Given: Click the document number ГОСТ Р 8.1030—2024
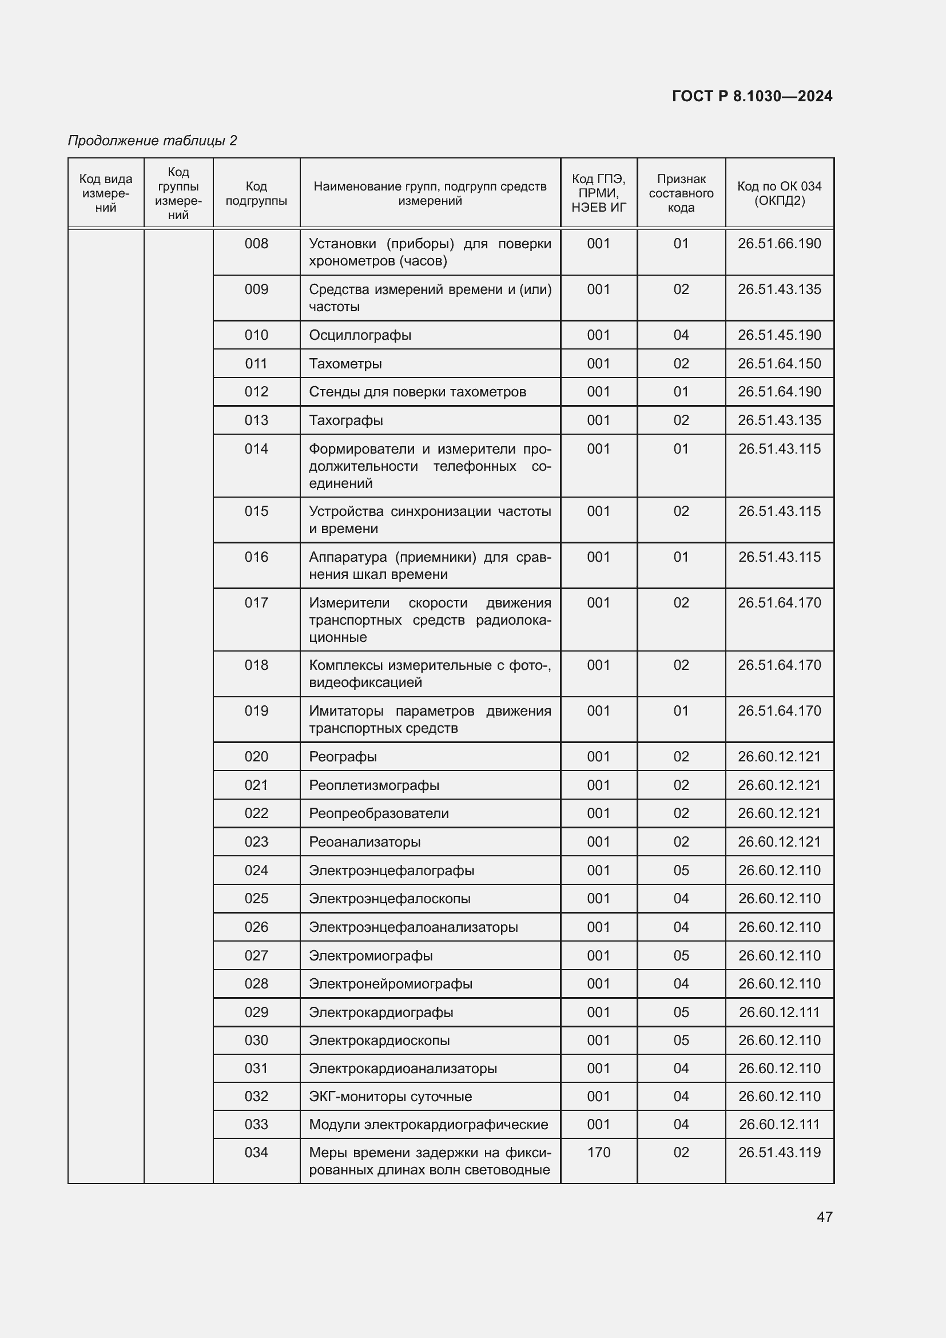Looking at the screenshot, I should pyautogui.click(x=752, y=96).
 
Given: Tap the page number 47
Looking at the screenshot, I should pyautogui.click(x=824, y=1216).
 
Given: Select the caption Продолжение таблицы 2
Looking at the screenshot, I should pyautogui.click(x=153, y=141).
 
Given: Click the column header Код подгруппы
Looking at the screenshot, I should pyautogui.click(x=256, y=193).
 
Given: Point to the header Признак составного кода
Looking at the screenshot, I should pyautogui.click(x=681, y=193).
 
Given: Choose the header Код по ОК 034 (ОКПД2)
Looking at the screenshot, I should pyautogui.click(x=779, y=193).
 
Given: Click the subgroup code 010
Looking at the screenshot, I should pyautogui.click(x=256, y=335).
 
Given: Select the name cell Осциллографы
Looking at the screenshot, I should pyautogui.click(x=360, y=335).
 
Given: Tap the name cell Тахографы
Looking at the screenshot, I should pyautogui.click(x=346, y=420).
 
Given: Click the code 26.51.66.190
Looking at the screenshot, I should pyautogui.click(x=779, y=244).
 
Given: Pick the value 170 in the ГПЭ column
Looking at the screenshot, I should pyautogui.click(x=598, y=1152).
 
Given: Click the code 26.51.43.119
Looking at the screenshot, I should pyautogui.click(x=779, y=1152).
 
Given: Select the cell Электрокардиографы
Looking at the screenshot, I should pyautogui.click(x=381, y=1013).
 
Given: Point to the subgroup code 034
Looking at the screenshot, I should pyautogui.click(x=256, y=1152).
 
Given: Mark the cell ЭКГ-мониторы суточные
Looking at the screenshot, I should pyautogui.click(x=390, y=1096).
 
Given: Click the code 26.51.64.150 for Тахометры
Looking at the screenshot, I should pyautogui.click(x=779, y=364).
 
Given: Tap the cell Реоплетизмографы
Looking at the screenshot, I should pyautogui.click(x=374, y=785).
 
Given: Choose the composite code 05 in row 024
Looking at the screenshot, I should pyautogui.click(x=681, y=870).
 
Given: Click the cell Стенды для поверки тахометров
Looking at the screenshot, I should pyautogui.click(x=417, y=392).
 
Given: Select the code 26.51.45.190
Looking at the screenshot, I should pyautogui.click(x=779, y=335).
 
